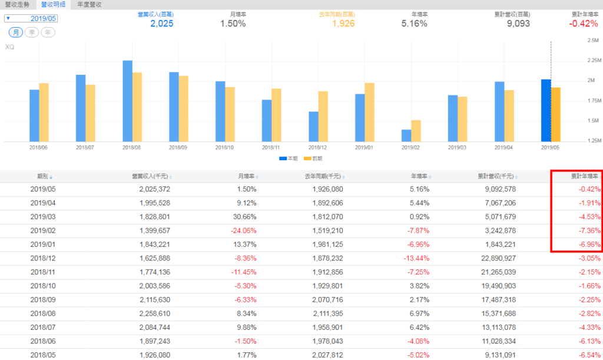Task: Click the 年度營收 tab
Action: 90,4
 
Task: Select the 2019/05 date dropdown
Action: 39,18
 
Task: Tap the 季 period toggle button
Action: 32,32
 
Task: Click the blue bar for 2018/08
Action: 127,100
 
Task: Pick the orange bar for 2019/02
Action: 416,130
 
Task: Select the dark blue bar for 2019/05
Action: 546,110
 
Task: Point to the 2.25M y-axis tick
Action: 592,60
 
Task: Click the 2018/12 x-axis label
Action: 318,147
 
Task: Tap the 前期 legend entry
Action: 314,158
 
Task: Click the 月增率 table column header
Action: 246,176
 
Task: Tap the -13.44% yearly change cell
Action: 415,257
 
